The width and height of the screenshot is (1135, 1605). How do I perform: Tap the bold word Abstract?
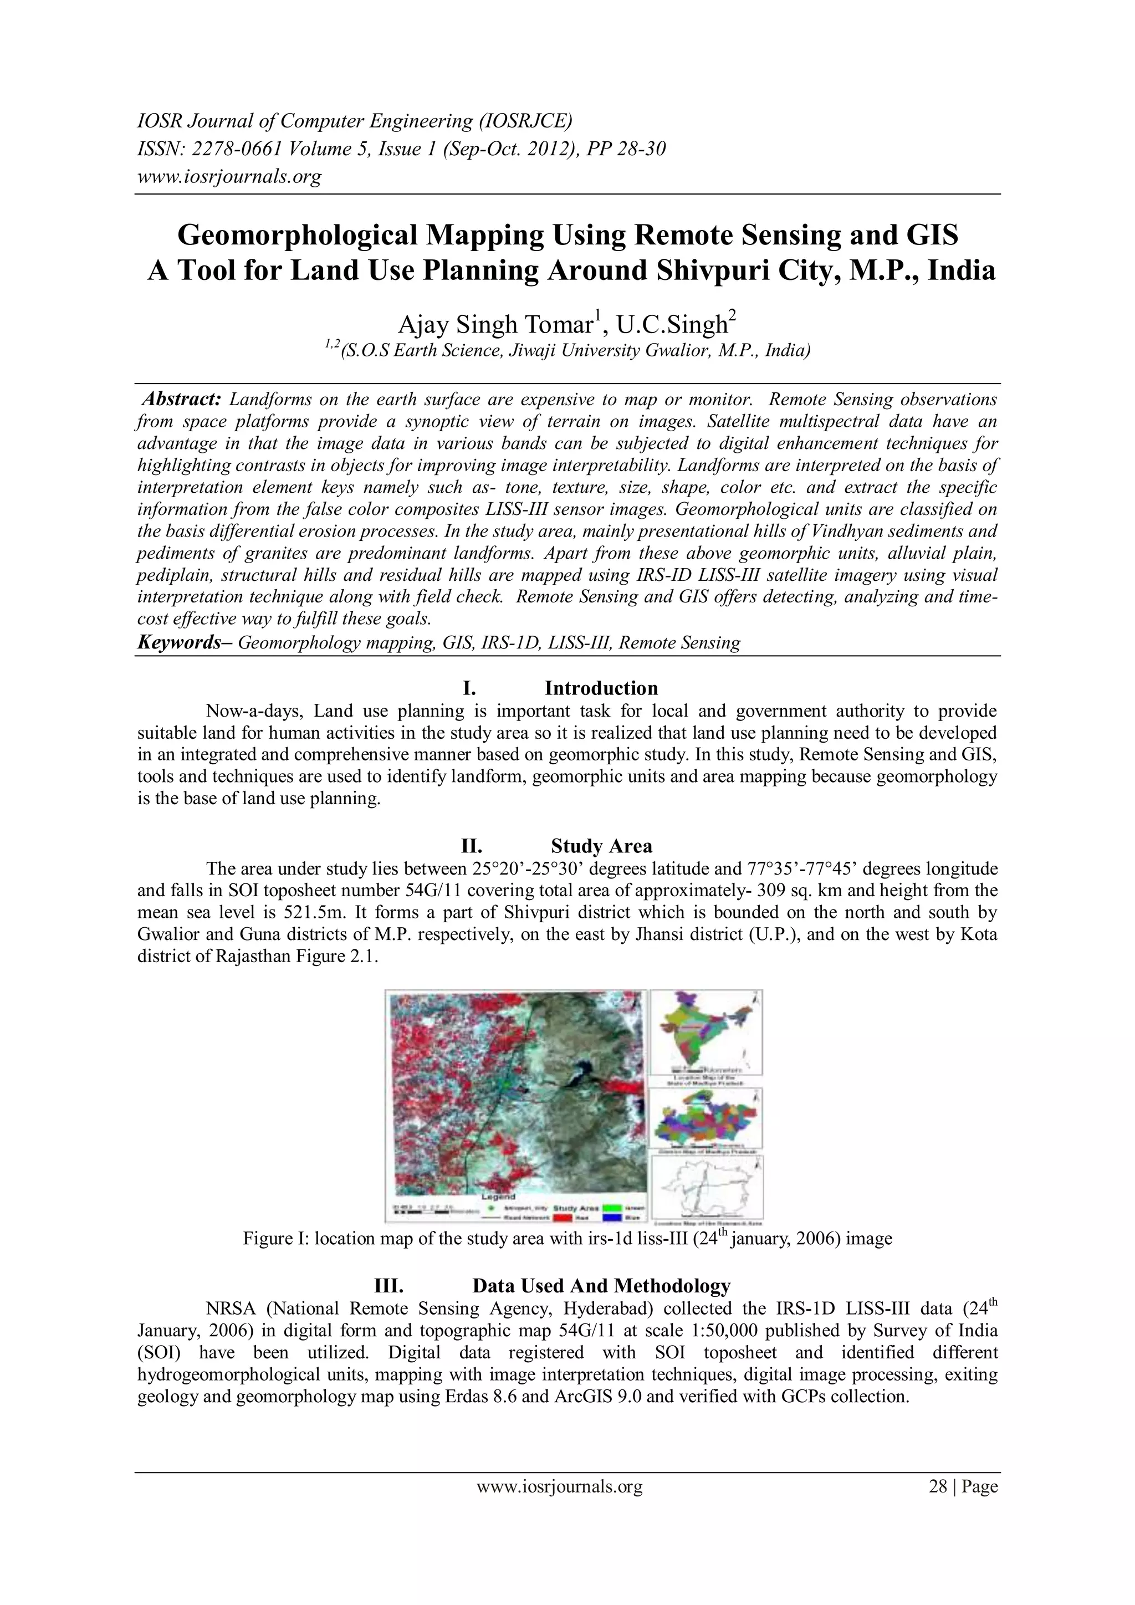coord(182,399)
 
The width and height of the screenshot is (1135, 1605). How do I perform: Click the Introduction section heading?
coord(601,688)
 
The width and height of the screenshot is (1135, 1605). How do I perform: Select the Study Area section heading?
coord(601,846)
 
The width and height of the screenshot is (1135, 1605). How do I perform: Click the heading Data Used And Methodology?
coord(601,1286)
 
